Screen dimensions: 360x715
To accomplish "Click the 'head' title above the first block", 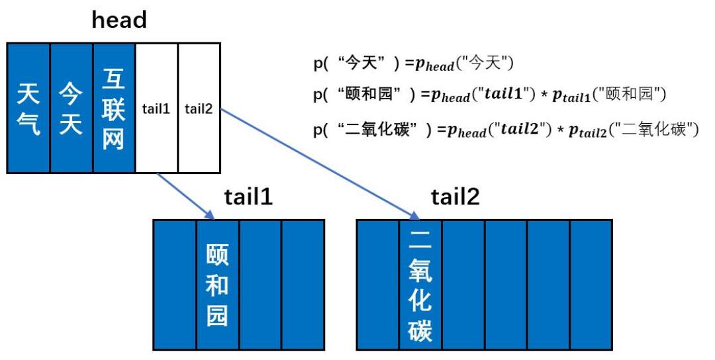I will coord(119,20).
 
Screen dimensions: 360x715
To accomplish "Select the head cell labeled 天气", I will coord(28,109).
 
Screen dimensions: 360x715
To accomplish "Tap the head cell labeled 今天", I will coord(71,109).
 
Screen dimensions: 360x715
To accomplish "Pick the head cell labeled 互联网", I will coord(113,109).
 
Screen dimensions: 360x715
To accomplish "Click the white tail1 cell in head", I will coord(156,109).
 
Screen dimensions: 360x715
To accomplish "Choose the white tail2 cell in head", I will coord(199,109).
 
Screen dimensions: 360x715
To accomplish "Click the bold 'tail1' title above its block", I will coord(248,197).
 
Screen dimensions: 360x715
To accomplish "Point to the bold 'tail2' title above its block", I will coord(455,197).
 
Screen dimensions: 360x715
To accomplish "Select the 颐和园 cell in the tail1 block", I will coord(217,285).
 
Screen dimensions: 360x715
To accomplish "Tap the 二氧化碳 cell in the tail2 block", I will coord(420,285).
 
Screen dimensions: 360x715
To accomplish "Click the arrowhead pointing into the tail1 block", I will coord(211,216).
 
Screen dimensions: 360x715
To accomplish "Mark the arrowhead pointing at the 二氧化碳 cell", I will coord(416,216).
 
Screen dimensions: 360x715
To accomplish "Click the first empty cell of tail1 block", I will coord(175,285).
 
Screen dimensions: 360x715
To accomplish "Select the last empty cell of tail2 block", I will coord(591,285).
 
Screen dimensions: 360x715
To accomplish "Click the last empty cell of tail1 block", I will coord(303,285).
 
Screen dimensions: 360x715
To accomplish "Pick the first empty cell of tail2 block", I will coord(377,285).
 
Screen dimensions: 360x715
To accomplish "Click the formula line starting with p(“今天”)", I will coord(414,64).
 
